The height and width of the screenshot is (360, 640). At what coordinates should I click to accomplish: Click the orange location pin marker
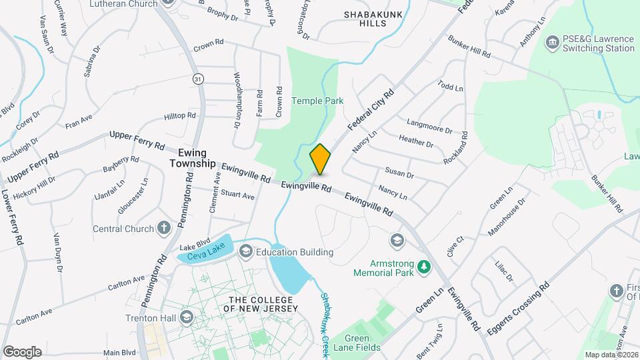pyautogui.click(x=320, y=159)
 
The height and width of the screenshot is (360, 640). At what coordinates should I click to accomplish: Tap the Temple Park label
pyautogui.click(x=317, y=101)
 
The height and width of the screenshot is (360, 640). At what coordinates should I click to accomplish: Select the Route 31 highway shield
pyautogui.click(x=198, y=79)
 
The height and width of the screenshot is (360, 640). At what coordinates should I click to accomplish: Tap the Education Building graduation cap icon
pyautogui.click(x=245, y=251)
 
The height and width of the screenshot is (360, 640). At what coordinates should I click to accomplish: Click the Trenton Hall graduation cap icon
pyautogui.click(x=185, y=317)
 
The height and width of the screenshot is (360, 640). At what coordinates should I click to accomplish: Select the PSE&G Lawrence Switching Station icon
pyautogui.click(x=552, y=44)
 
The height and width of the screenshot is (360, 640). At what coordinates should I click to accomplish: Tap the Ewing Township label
pyautogui.click(x=192, y=157)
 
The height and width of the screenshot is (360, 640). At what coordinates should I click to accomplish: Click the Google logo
pyautogui.click(x=22, y=351)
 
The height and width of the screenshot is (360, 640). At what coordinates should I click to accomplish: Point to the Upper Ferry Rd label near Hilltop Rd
pyautogui.click(x=137, y=141)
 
